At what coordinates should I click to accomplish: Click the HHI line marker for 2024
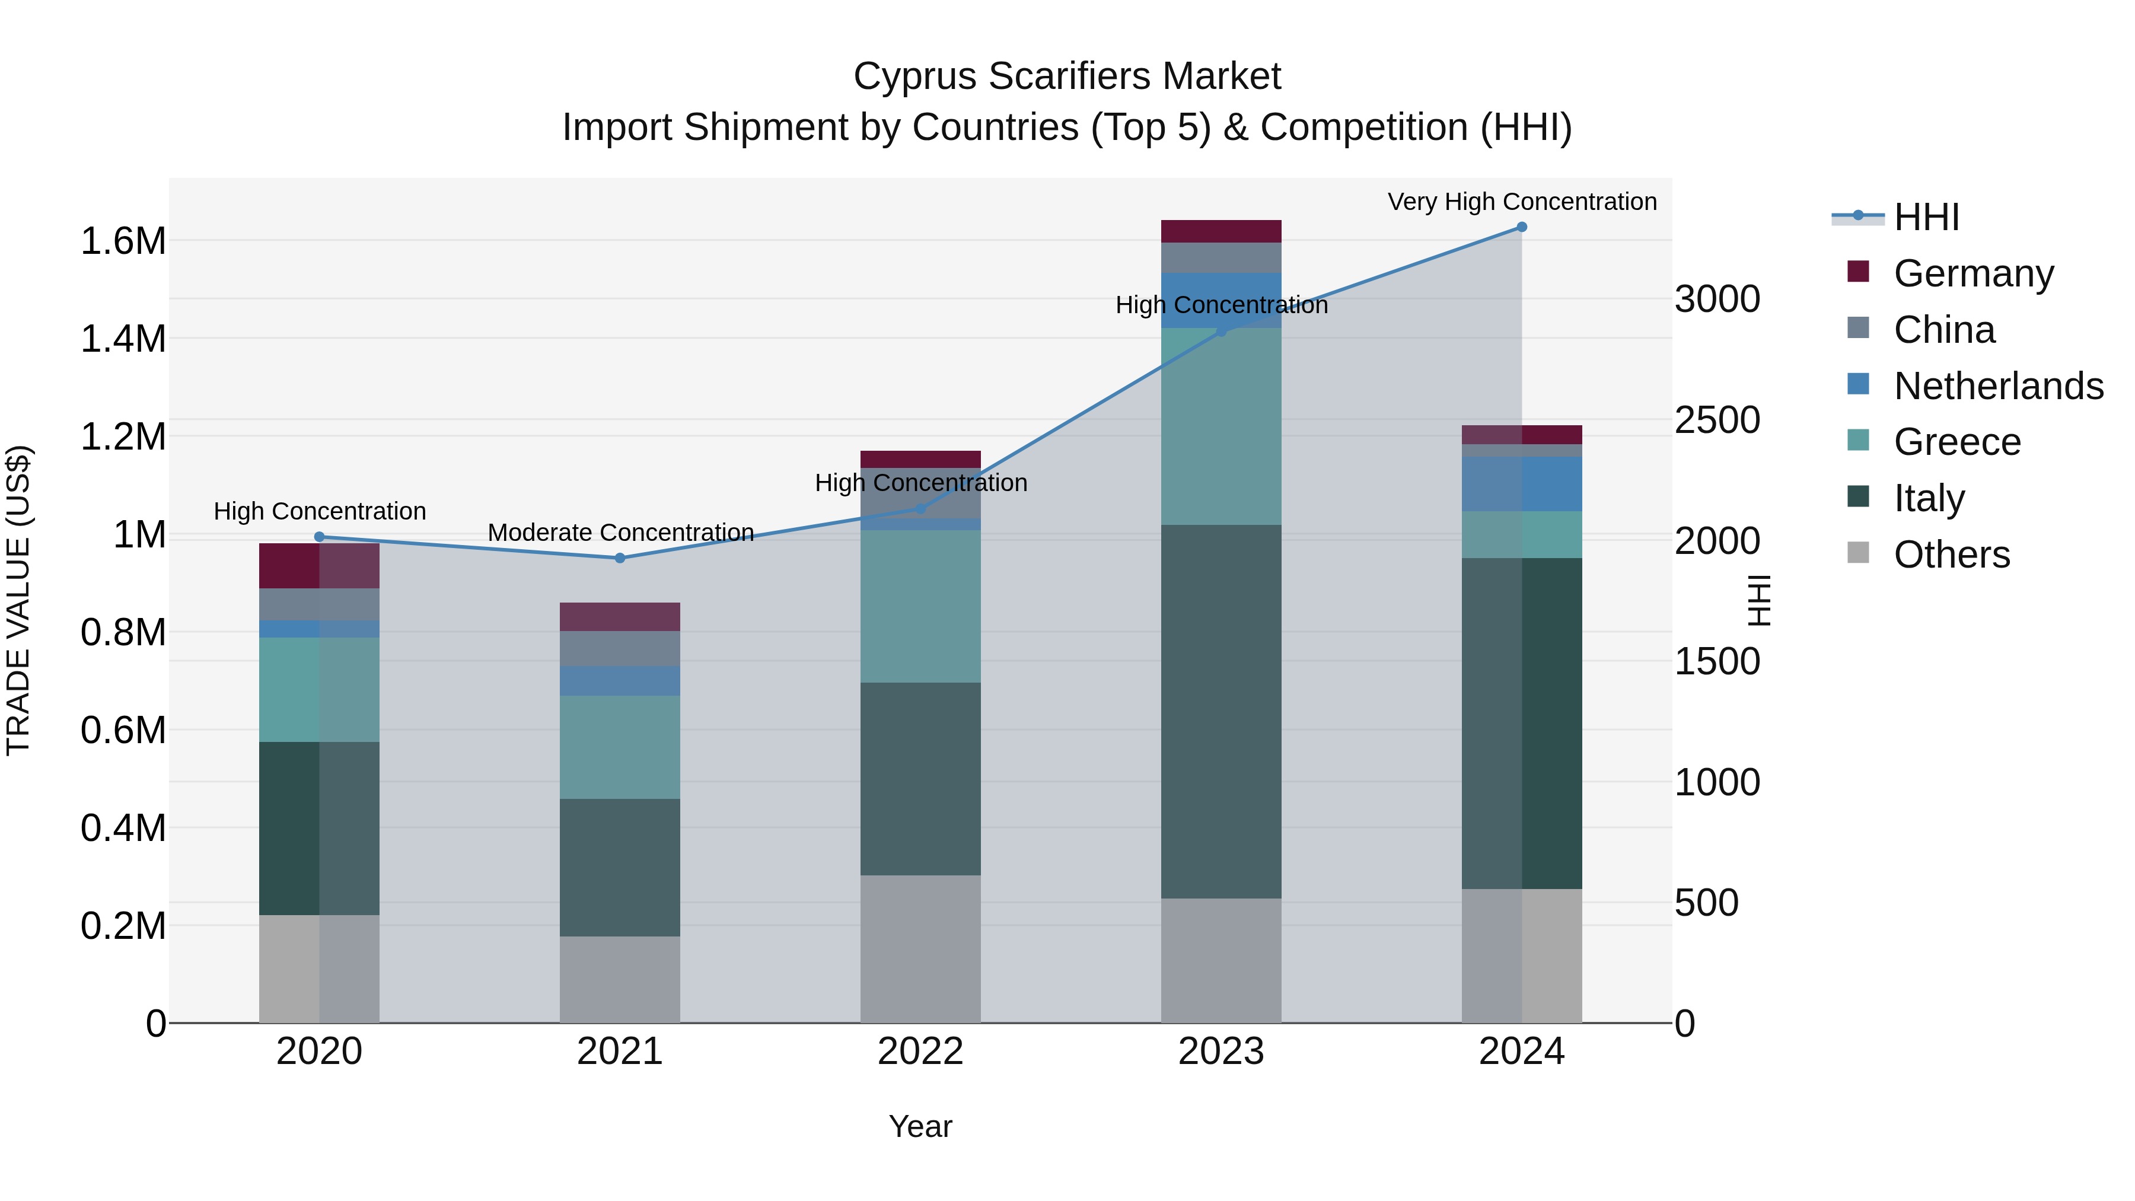coord(1522,227)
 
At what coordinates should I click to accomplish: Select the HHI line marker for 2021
coord(620,558)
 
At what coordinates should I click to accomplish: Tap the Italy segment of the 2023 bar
coord(1221,711)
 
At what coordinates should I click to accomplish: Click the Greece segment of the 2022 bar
coord(920,606)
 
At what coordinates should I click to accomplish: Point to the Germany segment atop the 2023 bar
coord(1221,231)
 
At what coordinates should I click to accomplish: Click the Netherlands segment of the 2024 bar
coord(1522,484)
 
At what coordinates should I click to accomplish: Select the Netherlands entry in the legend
coord(1998,386)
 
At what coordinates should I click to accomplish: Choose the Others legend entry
coord(1951,555)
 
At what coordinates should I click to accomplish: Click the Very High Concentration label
coord(1522,202)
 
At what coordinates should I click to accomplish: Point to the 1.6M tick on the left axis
coord(123,241)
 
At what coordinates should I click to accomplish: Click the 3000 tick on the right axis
coord(1716,300)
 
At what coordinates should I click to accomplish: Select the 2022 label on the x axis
coord(920,1052)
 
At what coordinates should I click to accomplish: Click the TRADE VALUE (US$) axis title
coord(18,600)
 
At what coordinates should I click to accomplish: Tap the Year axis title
coord(920,1126)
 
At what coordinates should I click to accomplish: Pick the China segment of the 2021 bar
coord(620,649)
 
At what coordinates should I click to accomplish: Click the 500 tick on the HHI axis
coord(1706,903)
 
